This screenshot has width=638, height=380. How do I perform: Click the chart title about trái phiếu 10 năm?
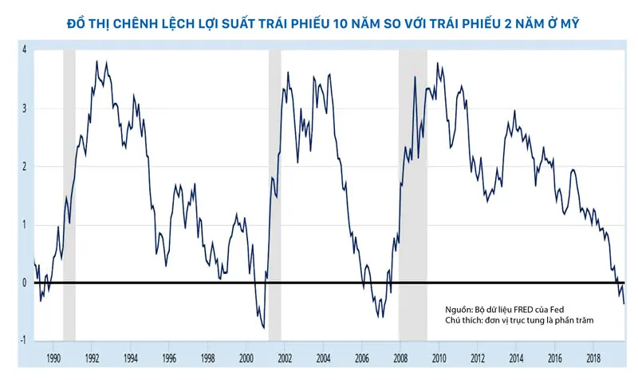tap(319, 26)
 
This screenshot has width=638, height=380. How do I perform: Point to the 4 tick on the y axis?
tap(25, 49)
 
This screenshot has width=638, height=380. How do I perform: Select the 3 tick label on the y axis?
tap(25, 108)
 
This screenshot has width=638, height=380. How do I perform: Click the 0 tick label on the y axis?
tap(25, 283)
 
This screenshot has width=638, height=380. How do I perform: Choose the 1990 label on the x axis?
tap(53, 359)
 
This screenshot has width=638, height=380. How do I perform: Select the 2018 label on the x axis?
tap(594, 359)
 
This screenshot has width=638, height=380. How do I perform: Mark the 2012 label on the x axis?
tap(478, 359)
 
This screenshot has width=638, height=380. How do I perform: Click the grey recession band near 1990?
tap(69, 196)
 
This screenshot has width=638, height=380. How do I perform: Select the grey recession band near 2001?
tap(275, 196)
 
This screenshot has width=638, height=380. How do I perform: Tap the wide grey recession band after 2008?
tap(413, 196)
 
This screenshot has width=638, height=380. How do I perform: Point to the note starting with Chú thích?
tap(520, 320)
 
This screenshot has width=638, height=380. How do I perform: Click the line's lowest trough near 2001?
tap(263, 327)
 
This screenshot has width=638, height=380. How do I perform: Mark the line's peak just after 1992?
tap(97, 61)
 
